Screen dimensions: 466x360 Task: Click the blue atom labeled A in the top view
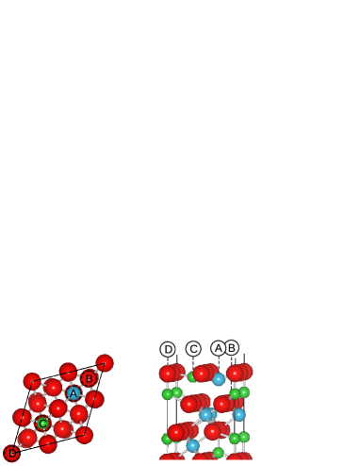tap(74, 392)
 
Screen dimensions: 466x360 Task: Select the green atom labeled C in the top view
tap(42, 424)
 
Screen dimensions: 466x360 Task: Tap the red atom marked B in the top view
tap(89, 379)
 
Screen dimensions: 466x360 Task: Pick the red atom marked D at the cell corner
tap(11, 453)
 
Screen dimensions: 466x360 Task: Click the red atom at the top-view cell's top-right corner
tap(105, 363)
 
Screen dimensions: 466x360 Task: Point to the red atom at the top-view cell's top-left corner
tap(32, 381)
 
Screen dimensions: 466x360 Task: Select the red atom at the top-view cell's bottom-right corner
tap(85, 434)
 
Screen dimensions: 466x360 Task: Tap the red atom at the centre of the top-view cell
tap(58, 408)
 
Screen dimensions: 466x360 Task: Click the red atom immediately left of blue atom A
tap(54, 388)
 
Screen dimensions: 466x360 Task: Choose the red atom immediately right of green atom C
tap(63, 428)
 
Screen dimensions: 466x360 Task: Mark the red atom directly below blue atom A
tap(79, 413)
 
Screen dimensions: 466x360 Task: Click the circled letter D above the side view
tap(168, 349)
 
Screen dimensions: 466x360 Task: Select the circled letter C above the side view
tap(193, 349)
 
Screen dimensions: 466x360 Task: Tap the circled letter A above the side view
tap(219, 348)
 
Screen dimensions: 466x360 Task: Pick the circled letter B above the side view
tap(231, 348)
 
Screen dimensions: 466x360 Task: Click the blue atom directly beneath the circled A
tap(219, 379)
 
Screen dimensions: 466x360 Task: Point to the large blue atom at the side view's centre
tap(205, 414)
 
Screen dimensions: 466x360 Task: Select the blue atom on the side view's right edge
tap(239, 414)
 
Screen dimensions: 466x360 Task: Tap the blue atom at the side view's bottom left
tap(192, 445)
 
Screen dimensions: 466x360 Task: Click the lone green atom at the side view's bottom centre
tap(219, 453)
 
